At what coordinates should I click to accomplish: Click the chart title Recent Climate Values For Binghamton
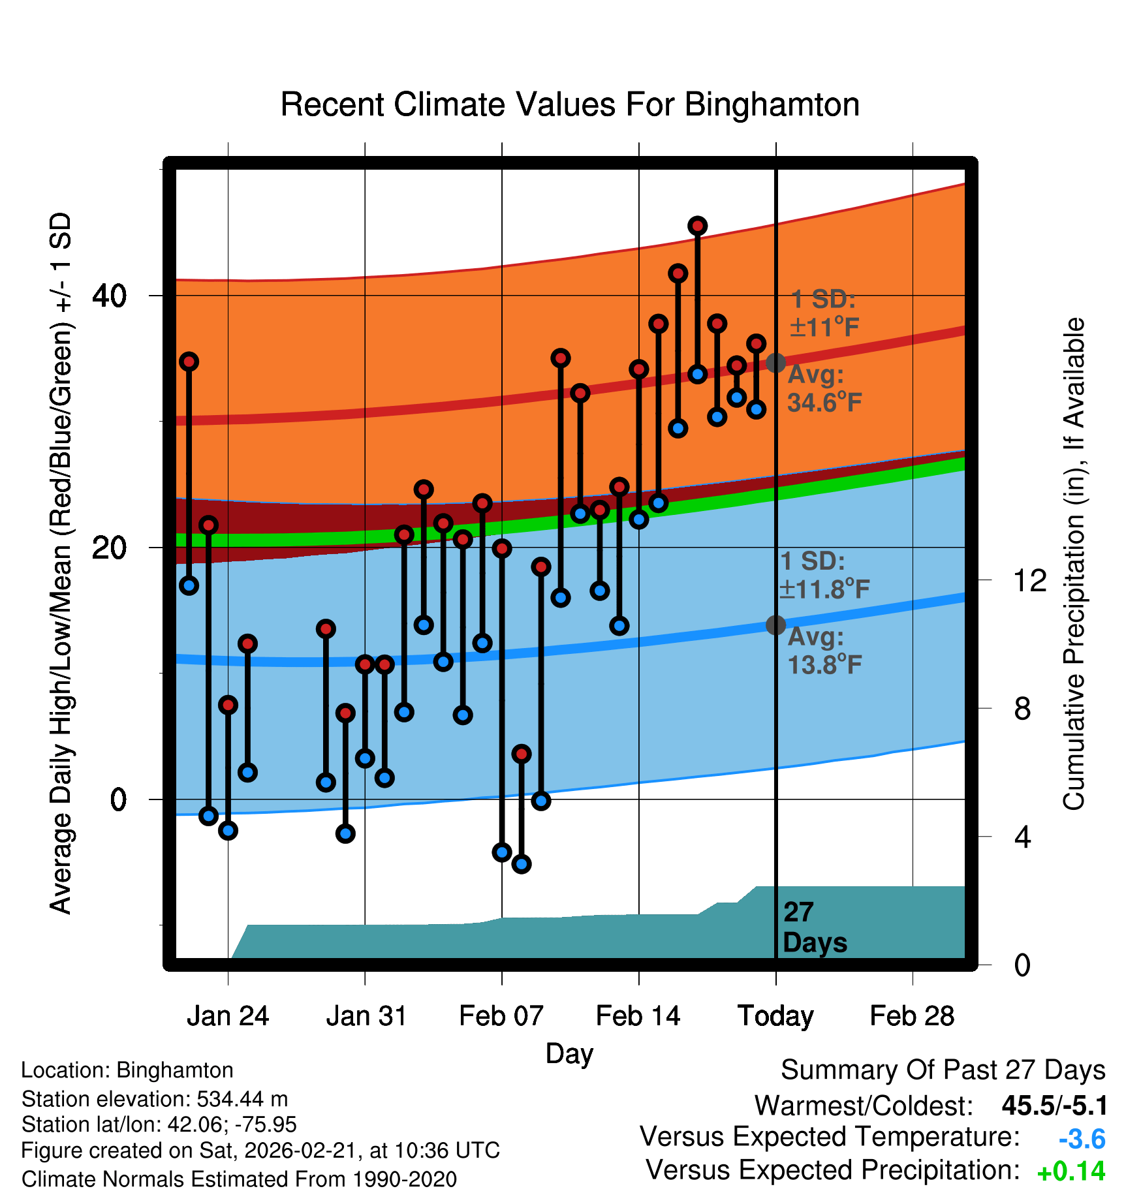click(570, 104)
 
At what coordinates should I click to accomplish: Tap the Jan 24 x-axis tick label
click(228, 1016)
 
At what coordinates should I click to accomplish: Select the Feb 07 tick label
click(501, 1016)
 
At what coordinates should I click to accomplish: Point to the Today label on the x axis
click(775, 1016)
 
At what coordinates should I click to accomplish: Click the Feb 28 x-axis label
click(912, 1016)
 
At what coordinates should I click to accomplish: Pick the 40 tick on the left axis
click(109, 296)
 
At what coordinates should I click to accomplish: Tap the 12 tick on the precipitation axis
click(1029, 580)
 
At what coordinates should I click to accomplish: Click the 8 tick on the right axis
click(1022, 709)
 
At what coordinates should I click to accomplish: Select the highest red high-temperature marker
click(698, 226)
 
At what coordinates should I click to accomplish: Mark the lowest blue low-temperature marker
click(521, 864)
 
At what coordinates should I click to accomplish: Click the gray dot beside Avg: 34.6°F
click(775, 362)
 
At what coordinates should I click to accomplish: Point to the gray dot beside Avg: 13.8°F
click(775, 625)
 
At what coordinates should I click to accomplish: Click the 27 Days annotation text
click(814, 927)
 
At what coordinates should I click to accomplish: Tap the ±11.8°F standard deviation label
click(824, 589)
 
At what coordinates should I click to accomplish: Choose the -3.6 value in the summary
click(1082, 1139)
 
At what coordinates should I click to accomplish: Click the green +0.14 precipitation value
click(1071, 1171)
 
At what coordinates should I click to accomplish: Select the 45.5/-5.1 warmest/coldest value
click(1054, 1106)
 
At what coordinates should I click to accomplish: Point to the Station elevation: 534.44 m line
click(155, 1099)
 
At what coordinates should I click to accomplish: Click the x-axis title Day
click(569, 1053)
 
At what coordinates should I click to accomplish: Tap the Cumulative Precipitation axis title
click(1074, 564)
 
